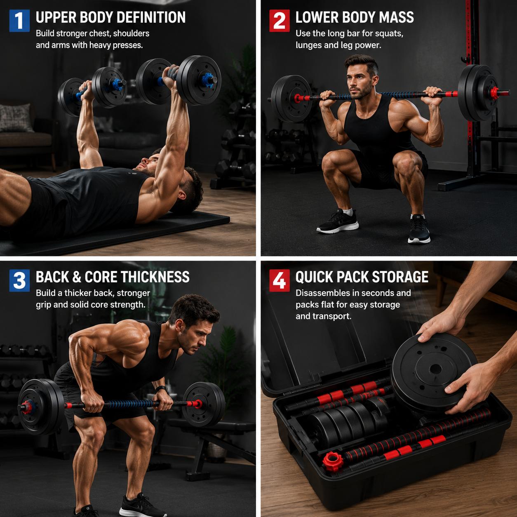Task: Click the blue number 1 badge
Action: [19, 21]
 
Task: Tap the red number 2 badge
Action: [279, 21]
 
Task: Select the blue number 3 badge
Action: [19, 280]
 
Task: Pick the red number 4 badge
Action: [279, 280]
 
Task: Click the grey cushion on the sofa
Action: [16, 117]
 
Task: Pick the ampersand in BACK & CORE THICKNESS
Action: [77, 277]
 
